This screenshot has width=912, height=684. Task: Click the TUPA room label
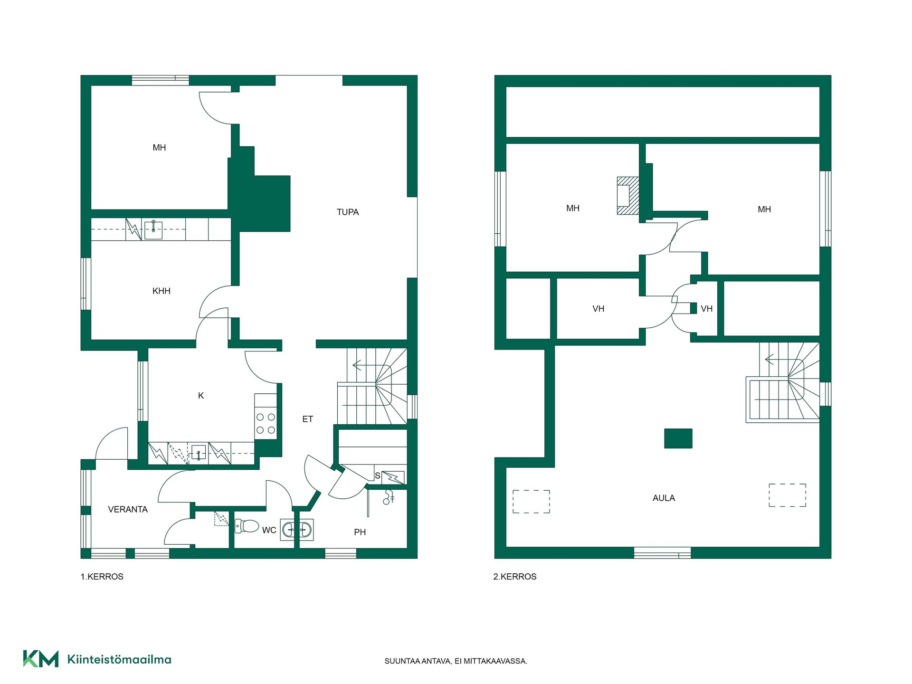(348, 212)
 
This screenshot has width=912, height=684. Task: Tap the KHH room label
(161, 291)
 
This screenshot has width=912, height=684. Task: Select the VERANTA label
(128, 510)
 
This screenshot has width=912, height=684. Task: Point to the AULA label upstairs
(664, 498)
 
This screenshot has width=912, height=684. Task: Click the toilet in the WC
(247, 526)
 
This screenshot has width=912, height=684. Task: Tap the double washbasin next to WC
(297, 529)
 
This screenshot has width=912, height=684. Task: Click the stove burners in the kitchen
(266, 424)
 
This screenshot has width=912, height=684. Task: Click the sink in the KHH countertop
(153, 230)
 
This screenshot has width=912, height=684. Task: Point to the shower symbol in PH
(389, 497)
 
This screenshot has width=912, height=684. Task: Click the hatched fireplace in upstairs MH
(628, 196)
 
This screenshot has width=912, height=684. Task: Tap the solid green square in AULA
(678, 438)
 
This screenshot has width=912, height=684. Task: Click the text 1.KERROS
(102, 577)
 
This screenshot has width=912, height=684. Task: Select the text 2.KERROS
(515, 577)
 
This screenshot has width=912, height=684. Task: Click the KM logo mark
(41, 659)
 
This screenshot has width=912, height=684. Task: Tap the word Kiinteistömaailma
(119, 659)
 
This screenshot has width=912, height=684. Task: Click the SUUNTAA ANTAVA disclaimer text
(456, 661)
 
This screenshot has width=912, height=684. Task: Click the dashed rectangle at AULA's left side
(531, 502)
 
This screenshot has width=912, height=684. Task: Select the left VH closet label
(598, 309)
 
